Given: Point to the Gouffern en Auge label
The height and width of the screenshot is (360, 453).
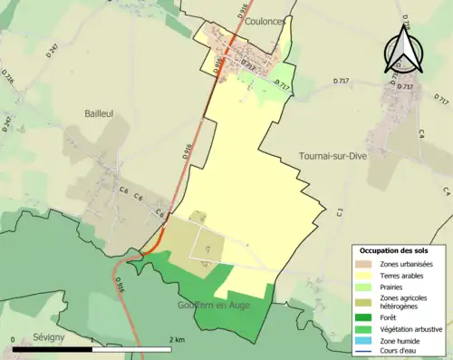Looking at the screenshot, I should (216, 306).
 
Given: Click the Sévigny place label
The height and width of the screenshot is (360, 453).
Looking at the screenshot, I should (30, 336).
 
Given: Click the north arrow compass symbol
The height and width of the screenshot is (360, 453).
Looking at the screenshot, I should (402, 50).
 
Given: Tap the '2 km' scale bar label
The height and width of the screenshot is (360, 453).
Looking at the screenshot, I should (178, 338).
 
